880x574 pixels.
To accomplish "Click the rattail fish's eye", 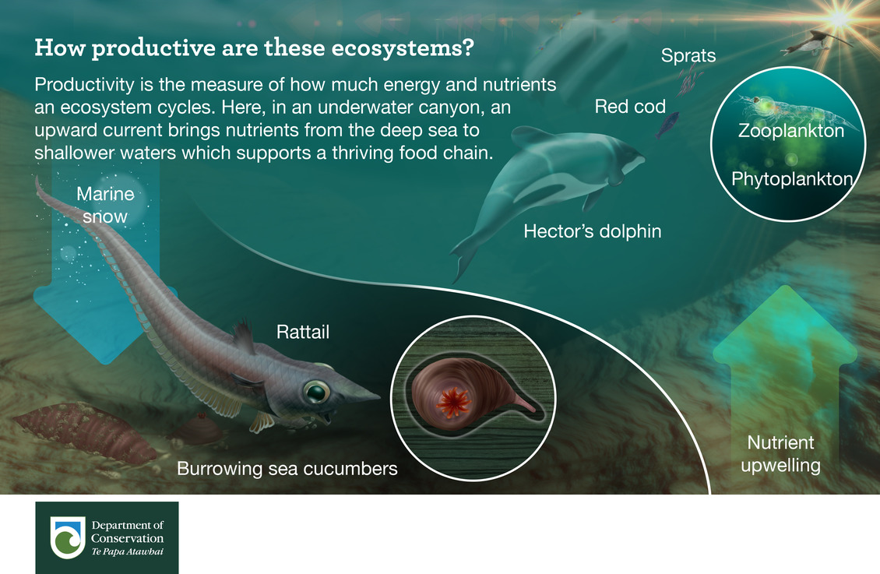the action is coord(316,392).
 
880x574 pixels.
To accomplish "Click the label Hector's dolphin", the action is coord(592,231).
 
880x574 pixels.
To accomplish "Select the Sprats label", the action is coord(688,55).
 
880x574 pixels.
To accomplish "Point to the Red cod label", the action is coord(630,106).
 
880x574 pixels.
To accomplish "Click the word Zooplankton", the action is coord(790,131).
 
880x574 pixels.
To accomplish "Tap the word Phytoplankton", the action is coord(792,179).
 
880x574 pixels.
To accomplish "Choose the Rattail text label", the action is coord(302,332).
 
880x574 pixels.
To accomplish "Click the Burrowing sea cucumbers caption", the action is coord(287,469).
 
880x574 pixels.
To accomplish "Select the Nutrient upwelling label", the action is coord(780,454).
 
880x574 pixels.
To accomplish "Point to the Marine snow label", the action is coord(105,206).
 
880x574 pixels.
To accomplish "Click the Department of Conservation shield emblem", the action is coord(68,537).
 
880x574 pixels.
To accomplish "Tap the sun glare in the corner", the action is coord(840,18).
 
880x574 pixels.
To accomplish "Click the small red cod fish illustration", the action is coord(667,124).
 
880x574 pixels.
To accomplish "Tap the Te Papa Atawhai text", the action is coord(128,551).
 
